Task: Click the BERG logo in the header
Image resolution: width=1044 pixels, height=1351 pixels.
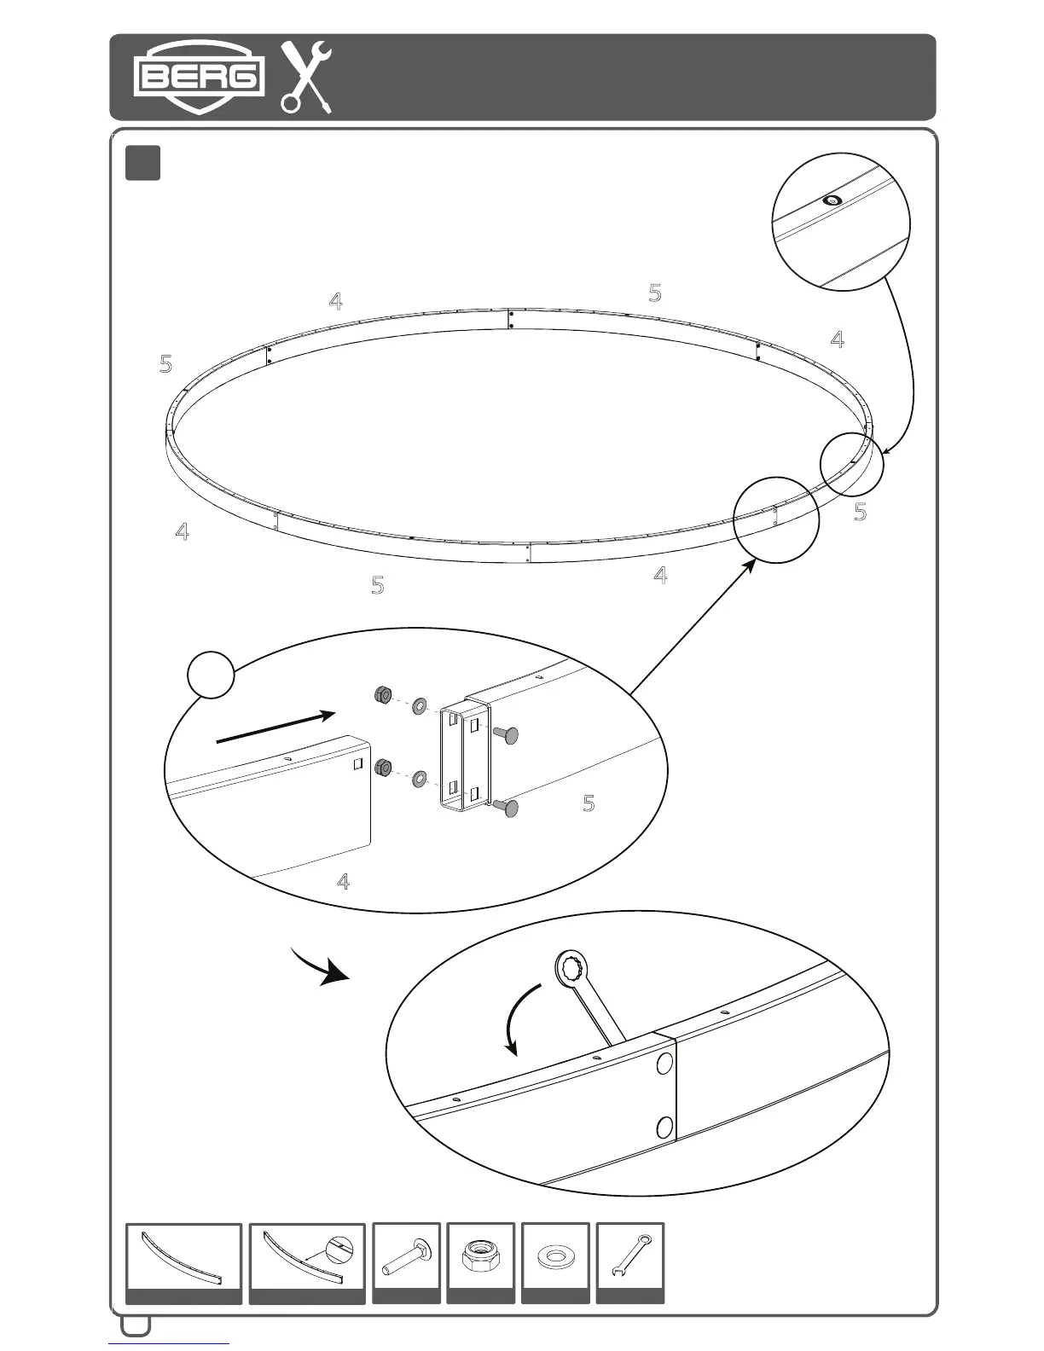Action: click(198, 77)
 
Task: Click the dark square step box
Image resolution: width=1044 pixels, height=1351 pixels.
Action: click(142, 163)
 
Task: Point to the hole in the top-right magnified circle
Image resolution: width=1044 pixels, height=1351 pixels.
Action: click(830, 201)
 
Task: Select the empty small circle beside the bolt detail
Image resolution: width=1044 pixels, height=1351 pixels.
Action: click(211, 675)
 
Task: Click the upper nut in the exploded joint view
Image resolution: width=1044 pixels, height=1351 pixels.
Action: click(382, 695)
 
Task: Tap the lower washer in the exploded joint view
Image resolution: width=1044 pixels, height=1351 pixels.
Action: click(419, 779)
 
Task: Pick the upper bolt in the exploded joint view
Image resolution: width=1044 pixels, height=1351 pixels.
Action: click(504, 734)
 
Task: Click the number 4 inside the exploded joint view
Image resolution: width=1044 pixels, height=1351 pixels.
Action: click(343, 881)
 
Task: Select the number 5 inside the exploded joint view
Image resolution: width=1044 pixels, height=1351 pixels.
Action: click(589, 803)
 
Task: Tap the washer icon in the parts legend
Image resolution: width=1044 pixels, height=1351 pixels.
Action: click(555, 1256)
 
